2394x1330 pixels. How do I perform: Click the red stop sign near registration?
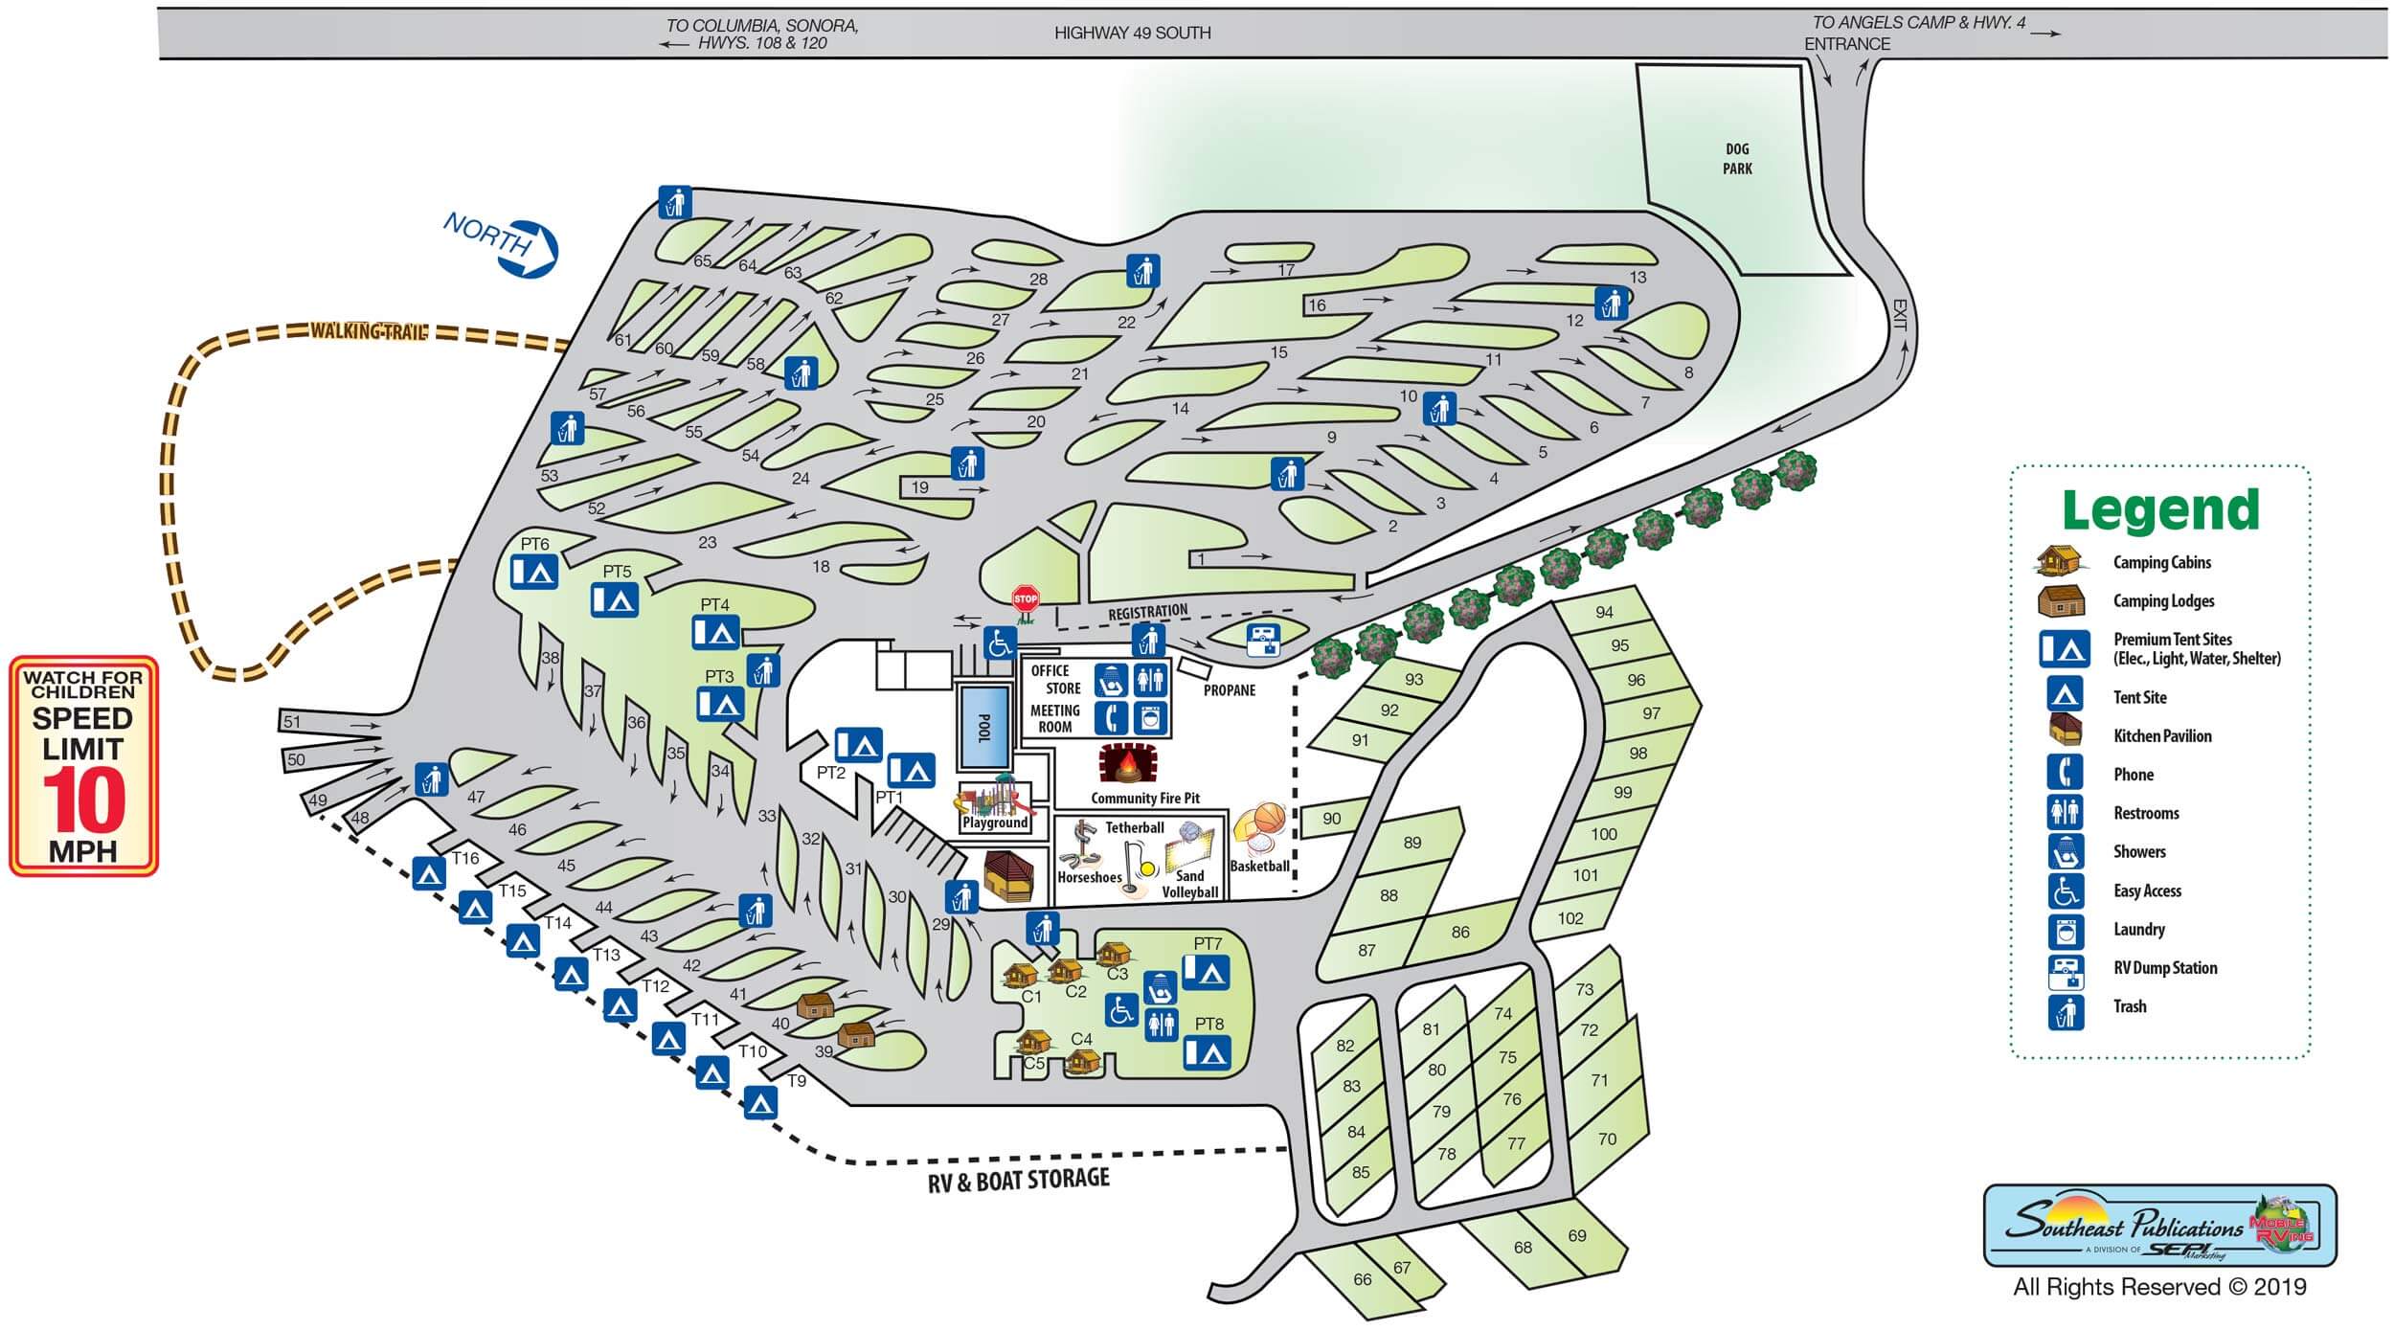coord(1025,599)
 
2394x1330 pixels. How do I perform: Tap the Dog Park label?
coord(1737,159)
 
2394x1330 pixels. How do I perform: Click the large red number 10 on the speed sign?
coord(84,800)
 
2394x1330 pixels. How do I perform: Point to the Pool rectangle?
coord(983,727)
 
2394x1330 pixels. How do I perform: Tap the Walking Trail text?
coord(368,331)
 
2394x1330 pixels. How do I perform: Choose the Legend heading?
coord(2160,509)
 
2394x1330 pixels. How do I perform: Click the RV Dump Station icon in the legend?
coord(2066,972)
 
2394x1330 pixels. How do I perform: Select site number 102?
coord(1570,918)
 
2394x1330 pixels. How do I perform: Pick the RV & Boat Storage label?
coord(1018,1180)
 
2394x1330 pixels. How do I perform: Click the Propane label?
coord(1229,689)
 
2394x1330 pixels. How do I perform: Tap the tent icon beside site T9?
coord(760,1103)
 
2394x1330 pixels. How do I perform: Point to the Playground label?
coord(995,823)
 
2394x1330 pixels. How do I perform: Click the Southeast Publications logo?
coord(2159,1227)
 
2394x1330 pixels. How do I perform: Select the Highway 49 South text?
coord(1132,34)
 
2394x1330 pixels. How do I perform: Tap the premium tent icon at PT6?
coord(533,572)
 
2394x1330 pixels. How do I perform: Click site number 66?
coord(1362,1279)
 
